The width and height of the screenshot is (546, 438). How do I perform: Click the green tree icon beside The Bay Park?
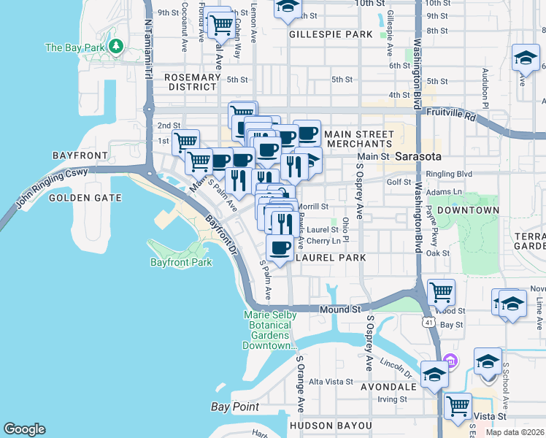[x=115, y=47]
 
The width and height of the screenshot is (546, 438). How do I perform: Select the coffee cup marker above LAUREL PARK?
[x=280, y=247]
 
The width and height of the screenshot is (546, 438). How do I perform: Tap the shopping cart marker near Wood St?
[x=441, y=292]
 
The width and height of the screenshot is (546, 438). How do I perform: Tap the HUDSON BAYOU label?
[x=331, y=425]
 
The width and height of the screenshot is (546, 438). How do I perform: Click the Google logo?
[x=24, y=429]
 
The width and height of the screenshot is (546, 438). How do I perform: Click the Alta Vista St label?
[x=331, y=382]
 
